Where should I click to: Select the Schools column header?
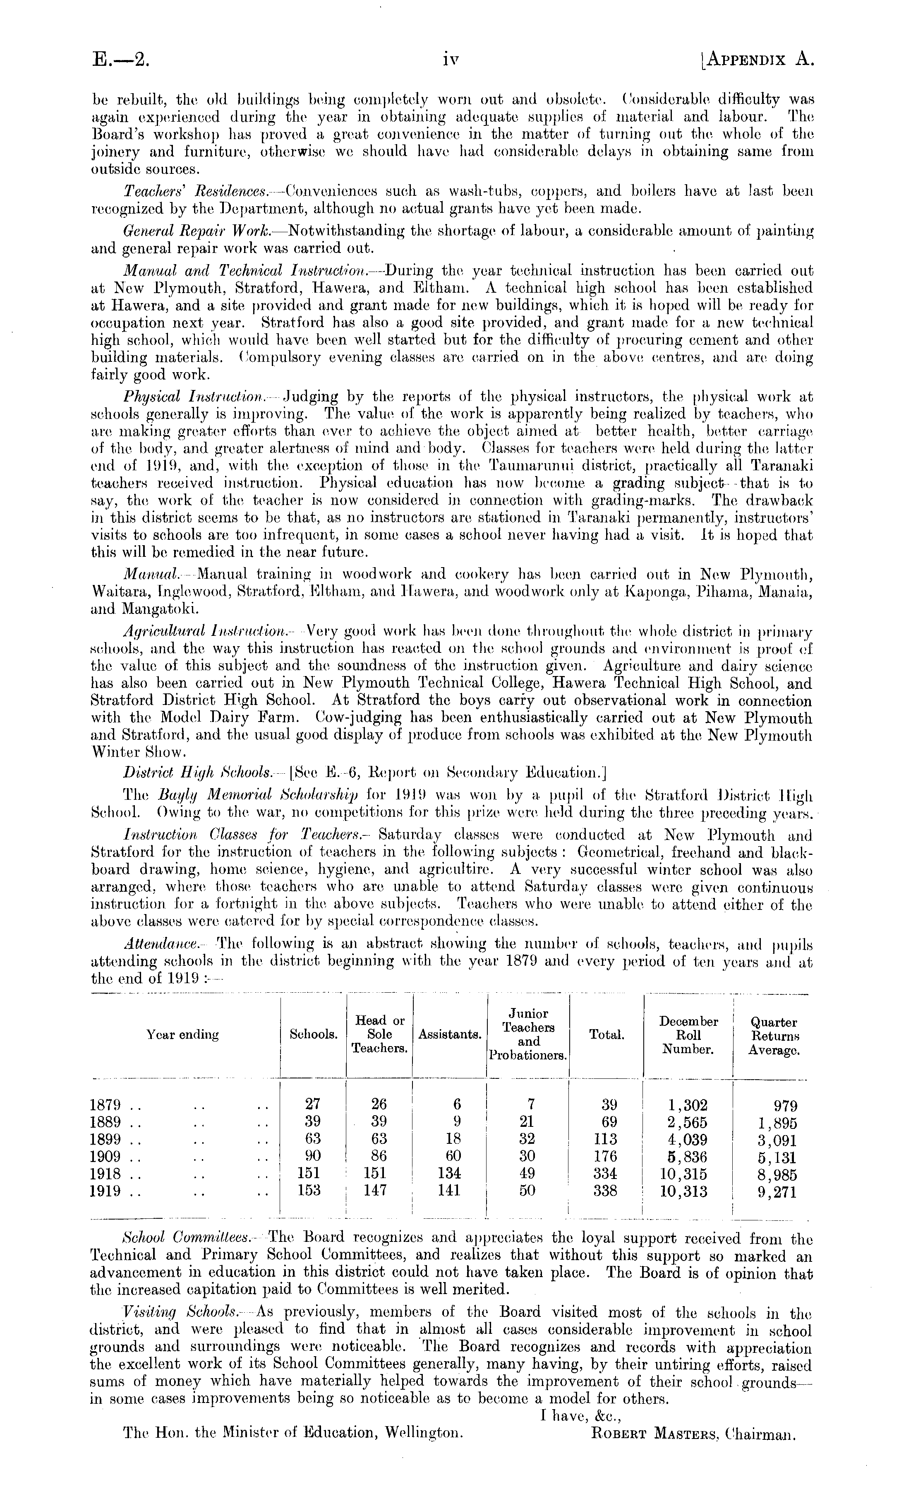pyautogui.click(x=313, y=1035)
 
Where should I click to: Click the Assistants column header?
pyautogui.click(x=449, y=1035)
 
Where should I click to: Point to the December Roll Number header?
pyautogui.click(x=688, y=1035)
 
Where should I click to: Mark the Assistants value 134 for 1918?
pyautogui.click(x=449, y=1173)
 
